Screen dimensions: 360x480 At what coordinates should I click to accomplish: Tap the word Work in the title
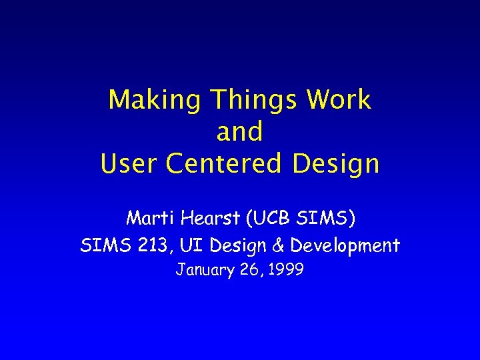339,101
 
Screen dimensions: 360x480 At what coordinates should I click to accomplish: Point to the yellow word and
239,132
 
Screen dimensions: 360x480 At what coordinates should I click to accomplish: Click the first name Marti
148,218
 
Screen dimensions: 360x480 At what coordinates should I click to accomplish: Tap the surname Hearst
203,218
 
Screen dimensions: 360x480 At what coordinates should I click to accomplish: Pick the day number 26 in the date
246,271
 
